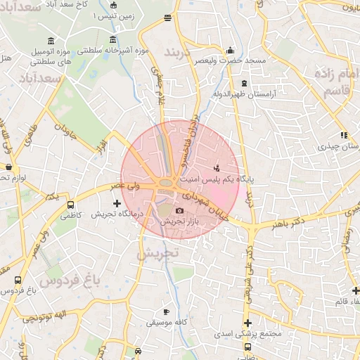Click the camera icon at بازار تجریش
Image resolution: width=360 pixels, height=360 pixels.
click(179, 211)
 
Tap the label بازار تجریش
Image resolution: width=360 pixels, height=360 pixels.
click(179, 221)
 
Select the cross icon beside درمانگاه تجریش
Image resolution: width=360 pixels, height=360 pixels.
click(117, 203)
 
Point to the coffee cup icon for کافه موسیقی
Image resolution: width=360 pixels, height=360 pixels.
click(166, 311)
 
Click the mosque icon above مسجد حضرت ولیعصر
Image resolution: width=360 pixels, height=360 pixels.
click(231, 51)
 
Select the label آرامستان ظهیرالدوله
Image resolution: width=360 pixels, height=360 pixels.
click(244, 92)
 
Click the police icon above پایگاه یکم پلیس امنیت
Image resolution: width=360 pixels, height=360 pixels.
click(217, 168)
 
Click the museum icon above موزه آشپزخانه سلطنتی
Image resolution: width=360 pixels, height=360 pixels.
click(114, 40)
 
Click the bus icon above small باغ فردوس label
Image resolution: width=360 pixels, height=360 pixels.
click(17, 280)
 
